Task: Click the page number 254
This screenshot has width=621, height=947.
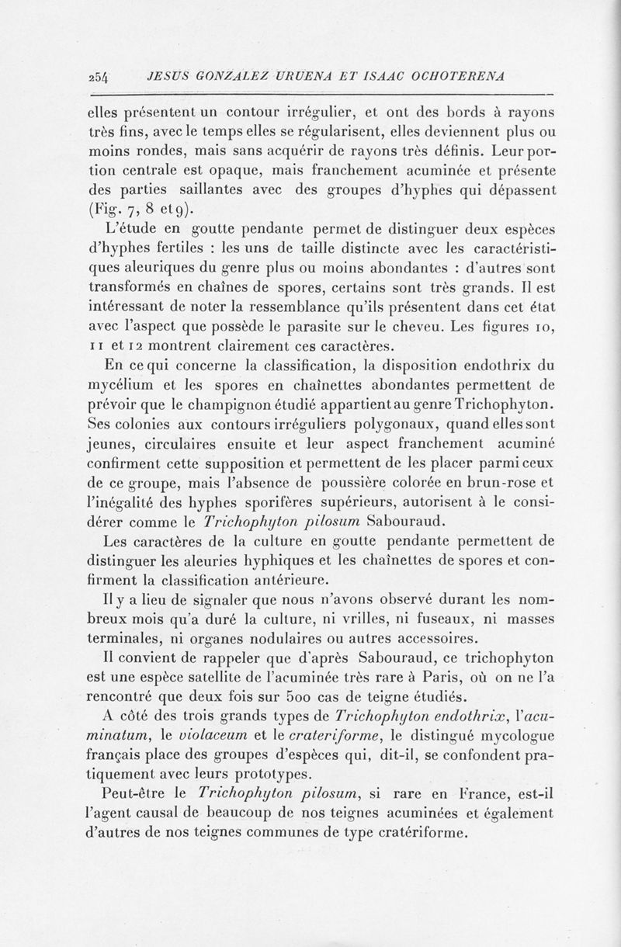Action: click(x=100, y=77)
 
